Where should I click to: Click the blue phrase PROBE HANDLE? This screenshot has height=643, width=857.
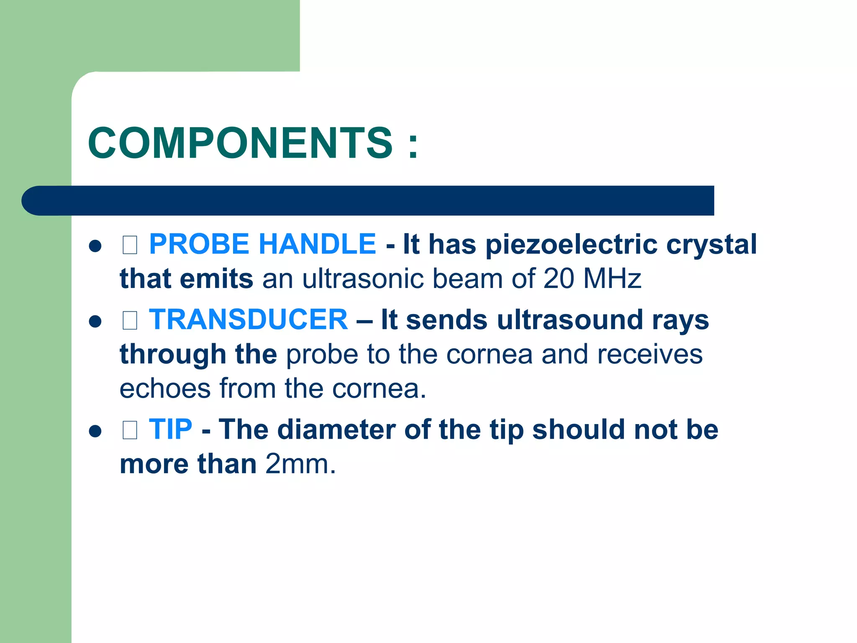coord(262,244)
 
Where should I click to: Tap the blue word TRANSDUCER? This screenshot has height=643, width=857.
coord(248,320)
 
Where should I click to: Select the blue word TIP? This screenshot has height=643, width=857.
coord(170,430)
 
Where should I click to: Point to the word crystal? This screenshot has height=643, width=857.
coord(711,244)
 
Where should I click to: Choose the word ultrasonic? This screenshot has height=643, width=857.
coord(362,278)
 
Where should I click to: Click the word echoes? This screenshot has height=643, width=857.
coord(165,388)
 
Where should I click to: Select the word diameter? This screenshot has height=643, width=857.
coord(336,430)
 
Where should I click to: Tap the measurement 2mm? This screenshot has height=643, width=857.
coord(300,464)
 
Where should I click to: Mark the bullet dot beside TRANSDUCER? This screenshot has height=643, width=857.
coord(95,321)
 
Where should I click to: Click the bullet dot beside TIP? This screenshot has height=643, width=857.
coord(95,431)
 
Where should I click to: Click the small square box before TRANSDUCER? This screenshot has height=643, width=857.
coord(130,321)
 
